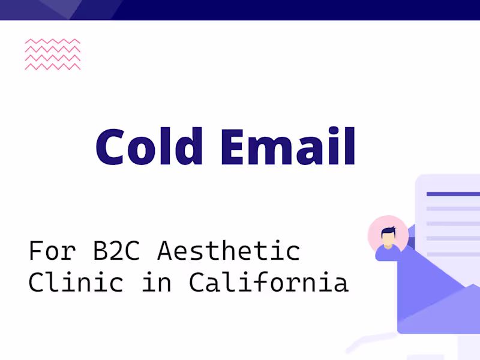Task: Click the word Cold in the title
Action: click(155, 146)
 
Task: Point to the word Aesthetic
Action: click(228, 251)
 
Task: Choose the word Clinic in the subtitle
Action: click(76, 282)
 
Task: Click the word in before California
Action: click(157, 282)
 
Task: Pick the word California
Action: click(268, 282)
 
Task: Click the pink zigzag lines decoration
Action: click(53, 55)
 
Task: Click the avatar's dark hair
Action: click(388, 230)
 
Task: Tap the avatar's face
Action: click(388, 238)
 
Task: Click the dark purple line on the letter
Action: click(453, 194)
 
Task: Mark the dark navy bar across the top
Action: click(300, 10)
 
